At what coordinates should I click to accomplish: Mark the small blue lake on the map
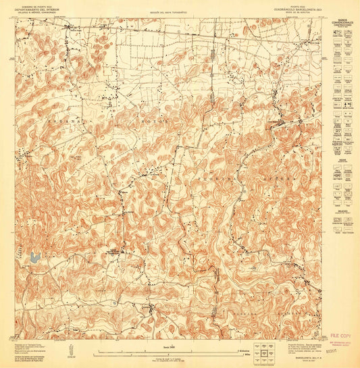(x=33, y=257)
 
